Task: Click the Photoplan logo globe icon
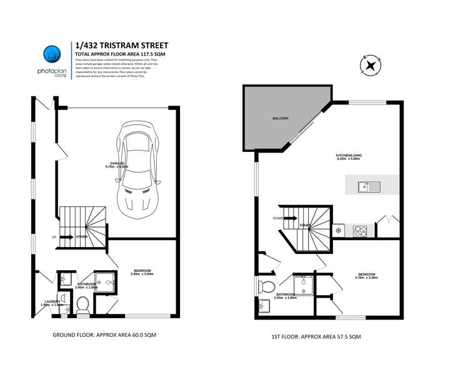click(51, 55)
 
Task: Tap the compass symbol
click(371, 64)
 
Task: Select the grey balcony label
click(280, 118)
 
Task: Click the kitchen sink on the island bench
click(366, 186)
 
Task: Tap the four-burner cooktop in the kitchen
click(362, 231)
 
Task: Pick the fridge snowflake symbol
click(339, 231)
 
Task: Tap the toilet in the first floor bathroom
click(266, 287)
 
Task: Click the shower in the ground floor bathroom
click(104, 283)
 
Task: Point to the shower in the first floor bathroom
click(303, 285)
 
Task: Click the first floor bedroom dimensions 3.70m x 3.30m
click(366, 277)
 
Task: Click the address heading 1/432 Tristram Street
click(121, 46)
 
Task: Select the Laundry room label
click(51, 301)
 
